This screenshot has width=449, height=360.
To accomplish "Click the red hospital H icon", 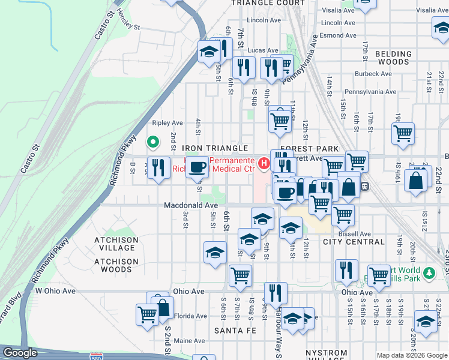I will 263,163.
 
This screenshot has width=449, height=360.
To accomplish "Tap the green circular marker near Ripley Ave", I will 153,142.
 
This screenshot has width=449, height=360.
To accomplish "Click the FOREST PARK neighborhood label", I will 310,148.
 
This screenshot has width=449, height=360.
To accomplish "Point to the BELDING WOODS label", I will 393,58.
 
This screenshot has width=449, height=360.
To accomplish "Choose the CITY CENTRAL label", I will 353,242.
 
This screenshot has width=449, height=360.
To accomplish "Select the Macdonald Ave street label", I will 191,205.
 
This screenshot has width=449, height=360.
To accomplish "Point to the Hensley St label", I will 128,28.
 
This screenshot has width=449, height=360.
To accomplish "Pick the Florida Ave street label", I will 190,316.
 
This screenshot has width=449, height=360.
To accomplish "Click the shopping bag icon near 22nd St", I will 416,180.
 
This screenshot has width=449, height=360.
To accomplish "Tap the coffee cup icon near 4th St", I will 197,167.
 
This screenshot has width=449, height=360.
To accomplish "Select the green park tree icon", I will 428,274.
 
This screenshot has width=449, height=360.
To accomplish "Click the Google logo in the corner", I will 20,353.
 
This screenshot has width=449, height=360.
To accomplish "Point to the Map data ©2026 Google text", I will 411,355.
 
